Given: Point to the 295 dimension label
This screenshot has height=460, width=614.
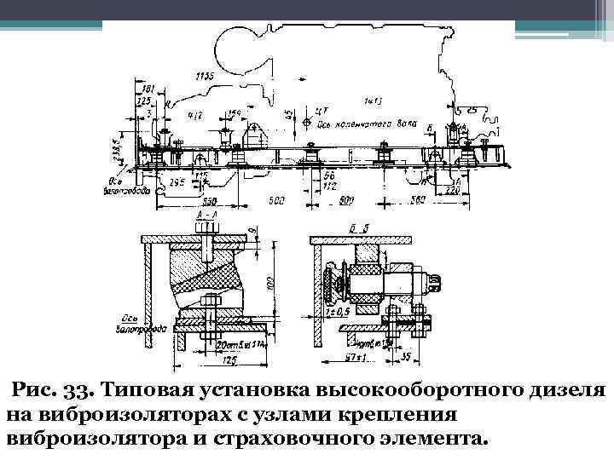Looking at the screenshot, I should tap(177, 182).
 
